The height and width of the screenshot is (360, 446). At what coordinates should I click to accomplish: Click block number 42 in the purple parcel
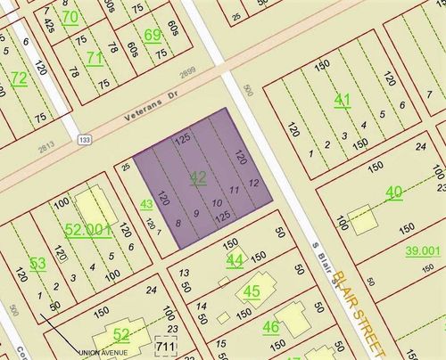click(198, 178)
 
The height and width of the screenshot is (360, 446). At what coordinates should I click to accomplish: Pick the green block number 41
click(342, 100)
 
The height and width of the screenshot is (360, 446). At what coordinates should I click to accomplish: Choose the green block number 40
click(394, 192)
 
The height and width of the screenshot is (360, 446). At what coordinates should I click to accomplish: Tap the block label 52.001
click(89, 229)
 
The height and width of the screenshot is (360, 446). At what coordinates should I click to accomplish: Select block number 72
click(18, 78)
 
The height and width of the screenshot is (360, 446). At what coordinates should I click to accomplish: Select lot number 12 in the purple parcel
click(254, 183)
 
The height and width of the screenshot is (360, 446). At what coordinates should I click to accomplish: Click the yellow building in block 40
click(361, 218)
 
